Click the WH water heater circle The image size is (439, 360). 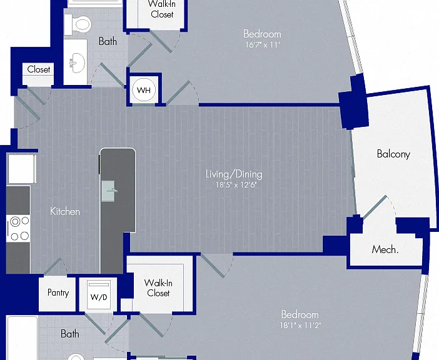pyautogui.click(x=144, y=90)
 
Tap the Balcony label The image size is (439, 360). pyautogui.click(x=393, y=154)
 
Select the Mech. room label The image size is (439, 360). pyautogui.click(x=385, y=249)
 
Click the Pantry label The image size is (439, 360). pyautogui.click(x=58, y=292)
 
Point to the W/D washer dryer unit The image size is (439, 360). pyautogui.click(x=99, y=296)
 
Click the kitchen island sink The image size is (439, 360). pyautogui.click(x=109, y=191)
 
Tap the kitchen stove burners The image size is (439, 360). pyautogui.click(x=19, y=229)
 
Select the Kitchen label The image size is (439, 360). pyautogui.click(x=64, y=211)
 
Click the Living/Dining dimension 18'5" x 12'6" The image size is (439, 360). pyautogui.click(x=236, y=185)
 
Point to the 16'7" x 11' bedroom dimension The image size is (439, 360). pyautogui.click(x=262, y=45)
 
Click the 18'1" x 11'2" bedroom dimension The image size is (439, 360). pyautogui.click(x=300, y=326)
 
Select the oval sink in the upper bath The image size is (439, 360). pyautogui.click(x=77, y=62)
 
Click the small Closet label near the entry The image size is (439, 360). pyautogui.click(x=39, y=69)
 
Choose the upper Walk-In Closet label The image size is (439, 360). pyautogui.click(x=162, y=9)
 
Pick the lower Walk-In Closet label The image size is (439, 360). pyautogui.click(x=158, y=288)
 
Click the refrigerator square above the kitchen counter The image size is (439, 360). pyautogui.click(x=21, y=169)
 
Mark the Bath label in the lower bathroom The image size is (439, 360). pyautogui.click(x=69, y=334)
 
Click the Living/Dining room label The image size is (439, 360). pyautogui.click(x=234, y=174)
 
